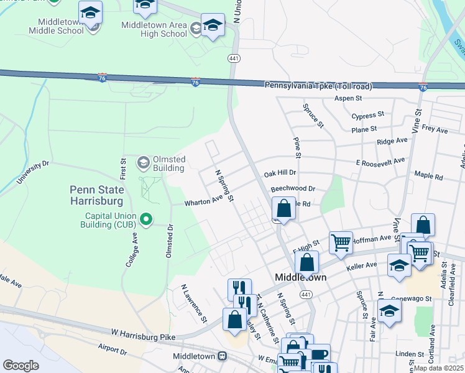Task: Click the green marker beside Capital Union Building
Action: [x=146, y=219]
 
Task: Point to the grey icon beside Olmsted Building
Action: [x=144, y=163]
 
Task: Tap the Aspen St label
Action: [x=348, y=98]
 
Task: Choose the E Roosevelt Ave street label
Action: [x=380, y=161]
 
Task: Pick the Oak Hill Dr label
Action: [x=280, y=172]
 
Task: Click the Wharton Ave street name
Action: [x=203, y=201]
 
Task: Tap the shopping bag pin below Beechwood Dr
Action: [x=283, y=208]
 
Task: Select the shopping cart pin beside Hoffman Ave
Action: [x=341, y=242]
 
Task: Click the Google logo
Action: [x=21, y=365]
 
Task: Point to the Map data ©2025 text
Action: [x=438, y=368]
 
